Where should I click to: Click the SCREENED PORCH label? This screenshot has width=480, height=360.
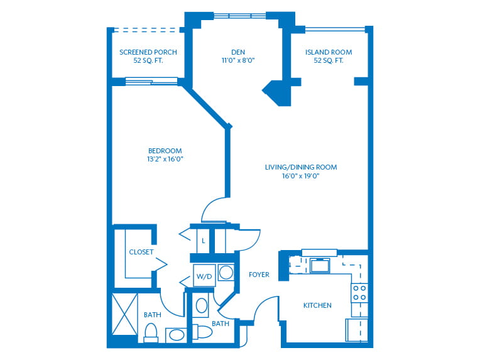148,52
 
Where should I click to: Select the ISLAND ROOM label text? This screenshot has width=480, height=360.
328,52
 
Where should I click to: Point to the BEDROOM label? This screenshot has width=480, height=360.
165,151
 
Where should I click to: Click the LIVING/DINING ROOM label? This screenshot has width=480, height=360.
301,167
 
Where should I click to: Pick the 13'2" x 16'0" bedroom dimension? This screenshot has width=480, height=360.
165,159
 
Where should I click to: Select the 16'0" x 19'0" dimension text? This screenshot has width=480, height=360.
301,176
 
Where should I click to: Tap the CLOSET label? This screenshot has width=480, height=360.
141,252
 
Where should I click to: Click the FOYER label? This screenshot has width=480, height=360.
259,275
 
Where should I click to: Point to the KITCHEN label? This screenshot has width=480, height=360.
317,305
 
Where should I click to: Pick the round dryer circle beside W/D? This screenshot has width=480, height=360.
226,273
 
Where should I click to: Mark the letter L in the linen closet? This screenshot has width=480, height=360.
204,240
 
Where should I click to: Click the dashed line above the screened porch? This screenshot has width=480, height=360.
146,29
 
